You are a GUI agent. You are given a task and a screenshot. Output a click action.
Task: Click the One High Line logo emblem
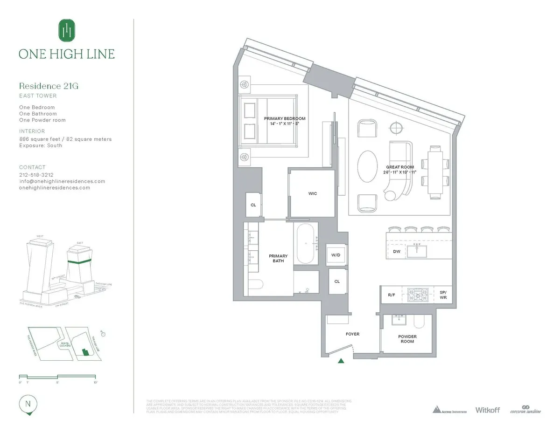(x=66, y=30)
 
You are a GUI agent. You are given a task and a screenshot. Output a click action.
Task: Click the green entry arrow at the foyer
(x=342, y=360)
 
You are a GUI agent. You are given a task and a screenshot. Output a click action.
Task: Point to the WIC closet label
(x=312, y=193)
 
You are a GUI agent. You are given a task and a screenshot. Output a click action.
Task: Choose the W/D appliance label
(x=336, y=255)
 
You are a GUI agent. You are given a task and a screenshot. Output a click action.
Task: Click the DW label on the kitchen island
(x=397, y=252)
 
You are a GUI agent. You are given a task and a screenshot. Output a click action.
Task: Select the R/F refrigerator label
(x=392, y=295)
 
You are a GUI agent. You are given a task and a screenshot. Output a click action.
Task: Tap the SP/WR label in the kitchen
(x=443, y=295)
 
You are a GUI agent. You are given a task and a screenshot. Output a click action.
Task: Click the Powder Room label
(x=407, y=339)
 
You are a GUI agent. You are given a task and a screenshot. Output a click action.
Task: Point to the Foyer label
(x=352, y=334)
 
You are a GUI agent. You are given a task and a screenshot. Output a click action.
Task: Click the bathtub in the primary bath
(x=306, y=243)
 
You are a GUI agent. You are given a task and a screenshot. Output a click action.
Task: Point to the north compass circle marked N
(x=28, y=404)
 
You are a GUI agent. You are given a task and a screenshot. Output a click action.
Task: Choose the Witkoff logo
(x=487, y=410)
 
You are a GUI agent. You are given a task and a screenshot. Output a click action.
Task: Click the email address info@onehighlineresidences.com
(x=62, y=181)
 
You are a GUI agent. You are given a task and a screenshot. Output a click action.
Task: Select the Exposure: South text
(x=41, y=145)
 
